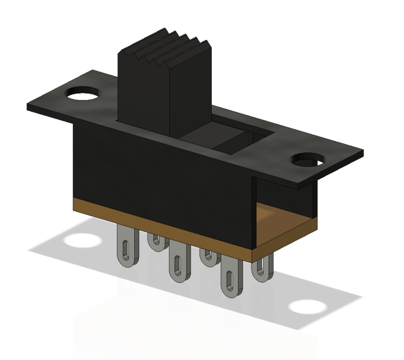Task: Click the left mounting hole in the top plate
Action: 83,92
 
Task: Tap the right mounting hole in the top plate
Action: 308,160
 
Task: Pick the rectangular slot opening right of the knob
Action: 236,141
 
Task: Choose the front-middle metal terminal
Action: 178,264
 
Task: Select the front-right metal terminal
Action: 230,281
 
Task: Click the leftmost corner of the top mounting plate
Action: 28,107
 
